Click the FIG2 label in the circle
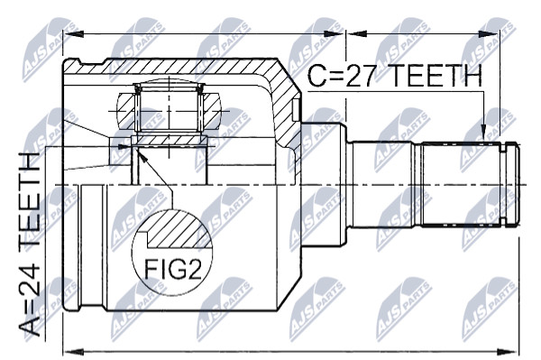tap(172, 269)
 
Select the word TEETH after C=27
tap(436, 76)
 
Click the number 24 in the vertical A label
tap(30, 282)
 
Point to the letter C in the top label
tap(316, 76)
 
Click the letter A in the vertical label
tap(30, 326)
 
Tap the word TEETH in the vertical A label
tap(30, 205)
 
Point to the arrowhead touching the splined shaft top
tap(483, 134)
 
